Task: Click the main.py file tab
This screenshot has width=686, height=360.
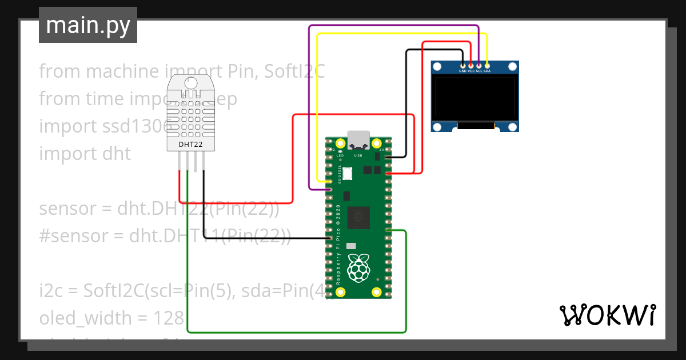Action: click(88, 25)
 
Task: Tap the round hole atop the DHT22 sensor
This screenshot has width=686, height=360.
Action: click(191, 83)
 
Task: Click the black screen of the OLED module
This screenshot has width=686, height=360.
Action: click(474, 99)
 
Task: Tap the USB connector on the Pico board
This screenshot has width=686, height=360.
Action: click(358, 139)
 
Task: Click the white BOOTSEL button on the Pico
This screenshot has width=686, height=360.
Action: click(348, 173)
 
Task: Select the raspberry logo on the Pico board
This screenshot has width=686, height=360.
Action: click(358, 267)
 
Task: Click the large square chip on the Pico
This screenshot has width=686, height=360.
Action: click(358, 217)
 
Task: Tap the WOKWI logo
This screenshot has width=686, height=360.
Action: click(607, 315)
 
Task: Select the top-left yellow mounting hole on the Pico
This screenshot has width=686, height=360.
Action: click(341, 143)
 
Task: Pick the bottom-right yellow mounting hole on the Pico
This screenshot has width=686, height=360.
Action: click(376, 293)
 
